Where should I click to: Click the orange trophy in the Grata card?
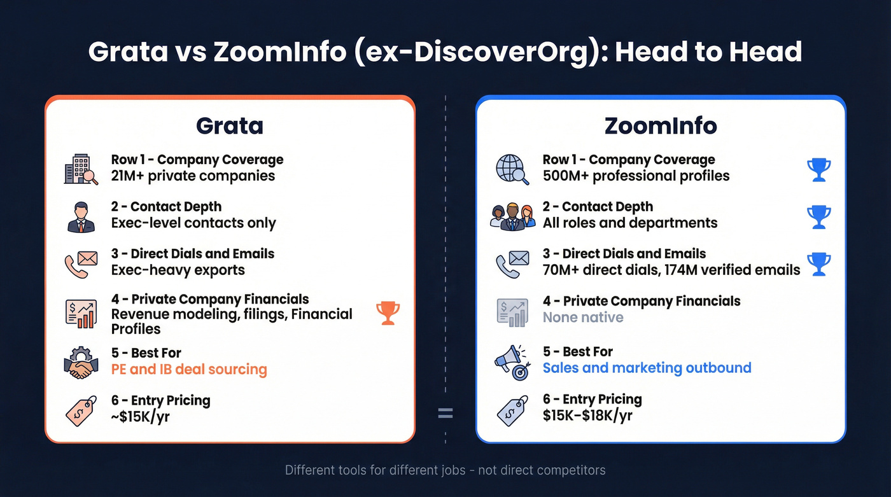[x=388, y=313]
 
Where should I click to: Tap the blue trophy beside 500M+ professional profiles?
[x=818, y=170]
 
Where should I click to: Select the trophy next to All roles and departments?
[x=818, y=217]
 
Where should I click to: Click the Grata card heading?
[x=229, y=125]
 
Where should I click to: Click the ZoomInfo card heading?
[x=661, y=125]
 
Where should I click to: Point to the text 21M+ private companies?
[x=193, y=176]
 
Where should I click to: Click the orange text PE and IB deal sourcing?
[x=189, y=369]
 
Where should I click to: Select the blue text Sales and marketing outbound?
[x=647, y=368]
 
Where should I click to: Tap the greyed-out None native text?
[x=583, y=317]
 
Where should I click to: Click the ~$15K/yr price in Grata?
[x=140, y=417]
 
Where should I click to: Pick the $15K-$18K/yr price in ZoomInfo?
[x=587, y=416]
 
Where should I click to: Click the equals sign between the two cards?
[x=445, y=414]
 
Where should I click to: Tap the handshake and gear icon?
[x=81, y=362]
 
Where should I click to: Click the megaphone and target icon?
[x=512, y=362]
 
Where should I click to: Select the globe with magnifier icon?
[x=512, y=169]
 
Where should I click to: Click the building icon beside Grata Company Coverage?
[x=81, y=169]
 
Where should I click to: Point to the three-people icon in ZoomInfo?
[x=512, y=216]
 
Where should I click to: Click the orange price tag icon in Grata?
[x=81, y=410]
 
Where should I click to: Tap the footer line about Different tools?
[x=445, y=471]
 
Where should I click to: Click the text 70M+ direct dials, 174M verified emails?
[x=671, y=270]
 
